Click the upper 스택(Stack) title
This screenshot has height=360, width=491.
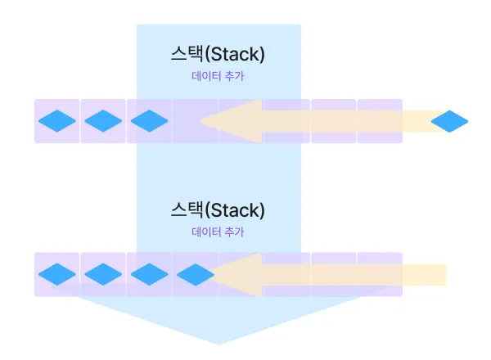pos(218,55)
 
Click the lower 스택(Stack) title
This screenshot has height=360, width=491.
pos(218,209)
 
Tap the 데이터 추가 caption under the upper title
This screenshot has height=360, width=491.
pos(218,76)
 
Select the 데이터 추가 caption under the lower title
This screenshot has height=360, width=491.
pos(218,232)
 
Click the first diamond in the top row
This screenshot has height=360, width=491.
pos(57,121)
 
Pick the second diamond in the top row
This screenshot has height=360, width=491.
pos(103,121)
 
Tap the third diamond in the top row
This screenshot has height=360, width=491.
pos(149,121)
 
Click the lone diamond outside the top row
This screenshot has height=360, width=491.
pos(449,121)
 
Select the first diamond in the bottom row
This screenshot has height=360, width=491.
pos(57,274)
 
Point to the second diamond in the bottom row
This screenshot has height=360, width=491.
pos(103,274)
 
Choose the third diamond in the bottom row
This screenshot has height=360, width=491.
pos(149,274)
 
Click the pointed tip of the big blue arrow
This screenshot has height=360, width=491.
pos(218,342)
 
